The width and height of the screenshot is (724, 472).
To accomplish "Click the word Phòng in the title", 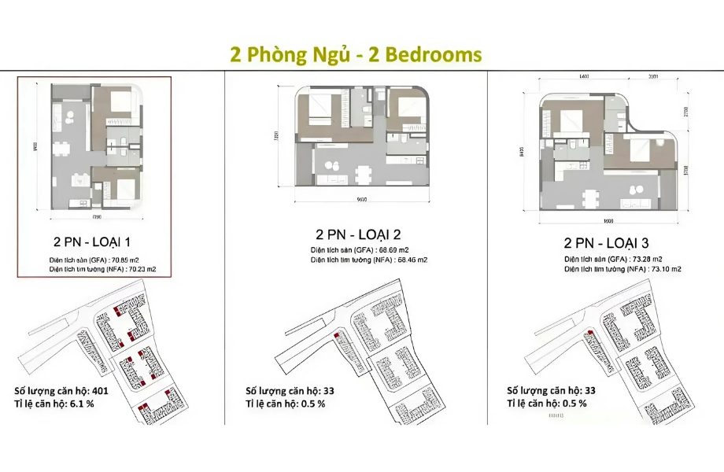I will tap(272, 54).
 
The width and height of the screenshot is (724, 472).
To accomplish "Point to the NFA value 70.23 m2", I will tap(139, 269).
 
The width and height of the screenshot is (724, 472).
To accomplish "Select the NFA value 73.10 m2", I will tap(664, 269).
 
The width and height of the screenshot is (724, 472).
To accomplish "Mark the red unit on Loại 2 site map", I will tap(337, 335).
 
